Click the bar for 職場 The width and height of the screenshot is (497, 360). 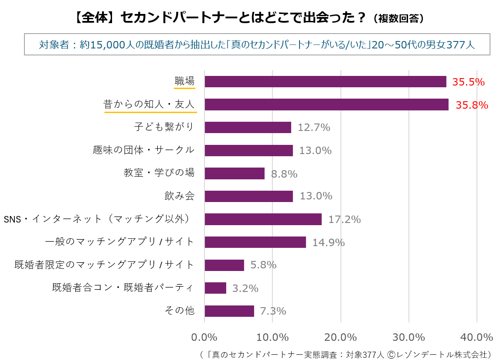[325, 82]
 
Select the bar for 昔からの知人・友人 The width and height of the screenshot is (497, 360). [326, 105]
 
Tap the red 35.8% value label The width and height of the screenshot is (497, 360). [472, 105]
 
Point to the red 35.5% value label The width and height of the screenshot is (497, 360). [468, 82]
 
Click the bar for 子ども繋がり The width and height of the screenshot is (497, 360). [248, 127]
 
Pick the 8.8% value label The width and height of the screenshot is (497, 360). [284, 174]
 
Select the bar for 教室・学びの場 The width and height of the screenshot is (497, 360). [235, 174]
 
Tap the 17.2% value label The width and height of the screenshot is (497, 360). [344, 219]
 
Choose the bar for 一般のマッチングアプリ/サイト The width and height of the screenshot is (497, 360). [255, 242]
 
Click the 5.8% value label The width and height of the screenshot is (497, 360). [263, 265]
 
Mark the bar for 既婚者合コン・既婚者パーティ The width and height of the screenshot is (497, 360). [215, 288]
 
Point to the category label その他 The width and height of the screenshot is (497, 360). [179, 311]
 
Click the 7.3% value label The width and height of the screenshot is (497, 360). [273, 311]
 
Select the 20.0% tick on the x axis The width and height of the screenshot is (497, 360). [340, 337]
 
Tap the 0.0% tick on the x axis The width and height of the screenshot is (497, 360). [204, 337]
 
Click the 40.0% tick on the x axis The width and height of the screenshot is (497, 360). [477, 337]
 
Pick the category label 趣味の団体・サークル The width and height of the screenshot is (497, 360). [143, 150]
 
